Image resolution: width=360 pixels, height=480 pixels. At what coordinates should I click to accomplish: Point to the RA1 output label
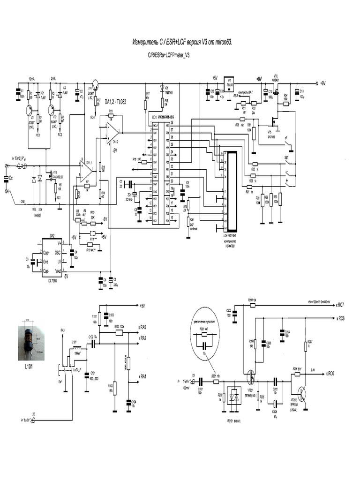click(142, 376)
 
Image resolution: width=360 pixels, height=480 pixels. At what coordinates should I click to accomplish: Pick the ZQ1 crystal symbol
click(135, 193)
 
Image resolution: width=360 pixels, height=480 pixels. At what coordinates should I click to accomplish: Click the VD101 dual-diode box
click(232, 397)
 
